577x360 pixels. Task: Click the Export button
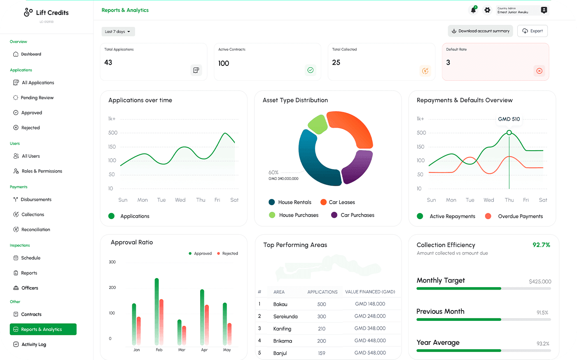[532, 31]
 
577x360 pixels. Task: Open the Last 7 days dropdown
[118, 31]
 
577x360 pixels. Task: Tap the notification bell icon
[473, 10]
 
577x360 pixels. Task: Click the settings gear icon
[487, 10]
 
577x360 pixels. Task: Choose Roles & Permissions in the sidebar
[38, 171]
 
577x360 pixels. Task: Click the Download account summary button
[480, 31]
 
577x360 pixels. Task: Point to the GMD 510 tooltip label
[509, 119]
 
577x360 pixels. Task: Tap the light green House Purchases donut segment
[318, 124]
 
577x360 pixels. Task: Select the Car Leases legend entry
[338, 202]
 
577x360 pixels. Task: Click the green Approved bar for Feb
[157, 311]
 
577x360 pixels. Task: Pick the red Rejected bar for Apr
[207, 325]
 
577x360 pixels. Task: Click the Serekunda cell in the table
[285, 316]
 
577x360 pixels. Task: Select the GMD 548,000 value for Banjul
[370, 353]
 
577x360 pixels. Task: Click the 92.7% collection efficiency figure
[541, 245]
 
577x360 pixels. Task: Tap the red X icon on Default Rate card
[539, 71]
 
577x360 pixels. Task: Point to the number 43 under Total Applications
[108, 62]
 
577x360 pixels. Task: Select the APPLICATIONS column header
[322, 292]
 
